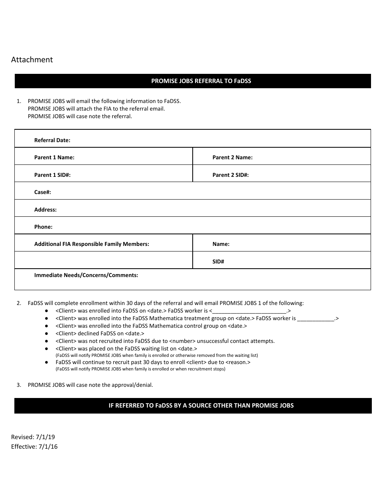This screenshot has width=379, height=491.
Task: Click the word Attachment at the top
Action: [32, 59]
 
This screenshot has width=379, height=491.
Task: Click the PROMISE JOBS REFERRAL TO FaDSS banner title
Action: [201, 81]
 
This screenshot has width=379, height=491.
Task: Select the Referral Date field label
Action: [52, 140]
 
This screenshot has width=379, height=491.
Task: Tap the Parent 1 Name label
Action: [54, 157]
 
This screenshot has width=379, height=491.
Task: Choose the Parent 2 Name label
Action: [232, 157]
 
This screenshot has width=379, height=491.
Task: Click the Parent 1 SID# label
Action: [52, 175]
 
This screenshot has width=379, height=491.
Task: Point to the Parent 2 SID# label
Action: [231, 175]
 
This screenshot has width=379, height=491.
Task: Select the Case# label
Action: [43, 192]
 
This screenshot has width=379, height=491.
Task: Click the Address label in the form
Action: [45, 210]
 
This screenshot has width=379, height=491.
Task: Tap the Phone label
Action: [43, 227]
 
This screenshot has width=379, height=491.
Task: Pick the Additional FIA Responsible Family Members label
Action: [92, 244]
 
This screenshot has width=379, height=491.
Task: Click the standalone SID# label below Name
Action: [218, 261]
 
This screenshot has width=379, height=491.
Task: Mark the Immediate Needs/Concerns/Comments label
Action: [86, 275]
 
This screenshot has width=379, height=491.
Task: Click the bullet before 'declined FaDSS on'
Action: [46, 333]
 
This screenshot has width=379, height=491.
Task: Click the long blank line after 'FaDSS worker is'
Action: [249, 311]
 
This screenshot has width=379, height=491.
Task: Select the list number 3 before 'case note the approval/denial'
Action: [19, 385]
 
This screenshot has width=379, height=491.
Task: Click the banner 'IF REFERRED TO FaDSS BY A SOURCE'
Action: [201, 405]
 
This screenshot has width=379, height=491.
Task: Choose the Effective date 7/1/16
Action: [48, 446]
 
